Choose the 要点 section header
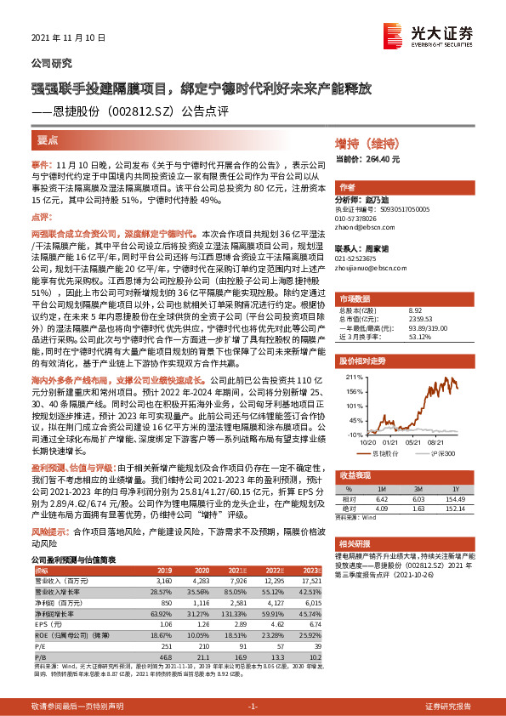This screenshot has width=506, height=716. [48, 139]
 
